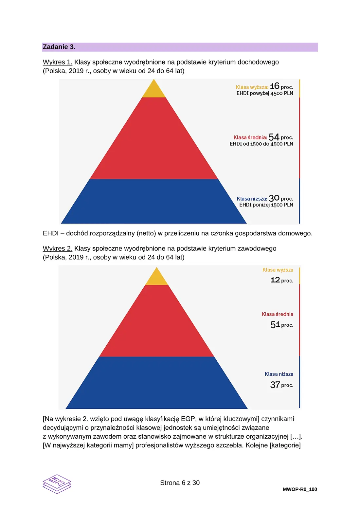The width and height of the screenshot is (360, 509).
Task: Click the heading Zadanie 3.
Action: (x=59, y=47)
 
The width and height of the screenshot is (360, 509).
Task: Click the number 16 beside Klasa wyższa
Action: (x=274, y=86)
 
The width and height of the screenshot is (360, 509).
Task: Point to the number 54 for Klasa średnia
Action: (x=274, y=137)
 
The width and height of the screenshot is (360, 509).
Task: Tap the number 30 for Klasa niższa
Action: (x=274, y=198)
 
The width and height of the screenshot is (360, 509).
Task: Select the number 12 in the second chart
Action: (x=275, y=280)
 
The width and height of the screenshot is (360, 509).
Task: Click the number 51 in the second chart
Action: (x=275, y=324)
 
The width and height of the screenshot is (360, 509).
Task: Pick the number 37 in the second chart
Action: (x=275, y=385)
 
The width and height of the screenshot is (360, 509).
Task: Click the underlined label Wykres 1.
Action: (x=58, y=62)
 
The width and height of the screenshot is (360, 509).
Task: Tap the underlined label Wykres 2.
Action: (x=58, y=248)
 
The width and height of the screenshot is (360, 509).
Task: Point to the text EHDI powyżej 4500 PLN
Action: (x=265, y=93)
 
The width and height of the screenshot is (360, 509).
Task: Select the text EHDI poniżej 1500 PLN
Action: (x=266, y=205)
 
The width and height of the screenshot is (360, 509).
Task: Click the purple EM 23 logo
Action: (x=57, y=484)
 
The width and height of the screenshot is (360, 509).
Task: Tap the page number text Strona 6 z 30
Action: (x=180, y=482)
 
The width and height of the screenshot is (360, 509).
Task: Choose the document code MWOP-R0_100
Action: (x=300, y=489)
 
